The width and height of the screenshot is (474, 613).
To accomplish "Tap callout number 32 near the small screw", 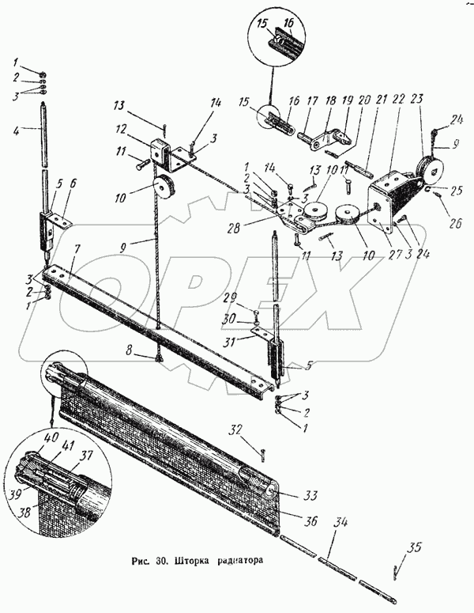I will point(235,430).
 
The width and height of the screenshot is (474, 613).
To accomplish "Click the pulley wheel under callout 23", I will point(431,168).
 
